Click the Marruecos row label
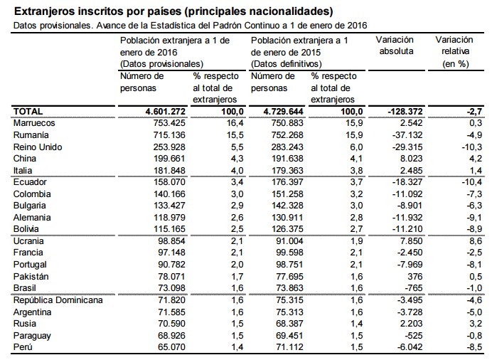click(x=35, y=123)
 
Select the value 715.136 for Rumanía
click(x=165, y=134)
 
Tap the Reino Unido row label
click(x=39, y=147)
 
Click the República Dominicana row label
click(x=58, y=300)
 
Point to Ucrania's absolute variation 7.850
click(x=412, y=240)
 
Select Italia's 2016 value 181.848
click(x=165, y=170)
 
